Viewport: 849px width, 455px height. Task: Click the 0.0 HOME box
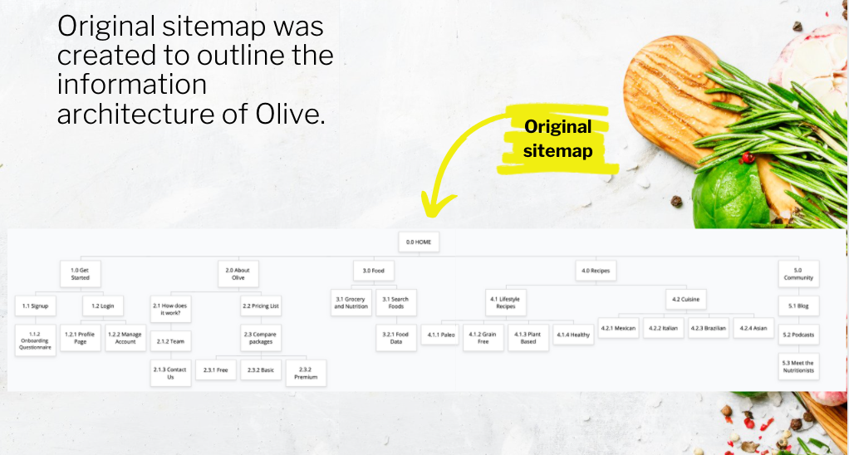pyautogui.click(x=419, y=242)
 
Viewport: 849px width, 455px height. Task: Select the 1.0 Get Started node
pyautogui.click(x=80, y=274)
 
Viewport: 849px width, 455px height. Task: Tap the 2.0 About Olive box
pyautogui.click(x=238, y=274)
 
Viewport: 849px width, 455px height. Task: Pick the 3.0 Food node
pyautogui.click(x=374, y=271)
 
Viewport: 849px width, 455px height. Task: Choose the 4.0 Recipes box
pyautogui.click(x=596, y=271)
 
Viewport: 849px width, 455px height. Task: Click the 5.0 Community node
pyautogui.click(x=798, y=274)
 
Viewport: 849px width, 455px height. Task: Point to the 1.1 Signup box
pyautogui.click(x=35, y=306)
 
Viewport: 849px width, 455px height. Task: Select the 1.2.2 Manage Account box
pyautogui.click(x=125, y=338)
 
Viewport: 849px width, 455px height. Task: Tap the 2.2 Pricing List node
pyautogui.click(x=261, y=306)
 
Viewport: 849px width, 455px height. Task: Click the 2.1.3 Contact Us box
pyautogui.click(x=170, y=374)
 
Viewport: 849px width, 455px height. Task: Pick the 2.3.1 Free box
pyautogui.click(x=215, y=370)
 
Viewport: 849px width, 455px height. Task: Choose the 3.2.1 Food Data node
pyautogui.click(x=395, y=338)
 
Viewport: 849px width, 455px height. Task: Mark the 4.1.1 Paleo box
pyautogui.click(x=441, y=335)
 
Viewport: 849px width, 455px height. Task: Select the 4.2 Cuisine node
pyautogui.click(x=685, y=299)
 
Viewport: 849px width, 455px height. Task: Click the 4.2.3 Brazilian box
pyautogui.click(x=709, y=329)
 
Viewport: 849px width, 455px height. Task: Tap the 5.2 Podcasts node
pyautogui.click(x=798, y=335)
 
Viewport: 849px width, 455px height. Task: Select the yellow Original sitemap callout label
pyautogui.click(x=557, y=139)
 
